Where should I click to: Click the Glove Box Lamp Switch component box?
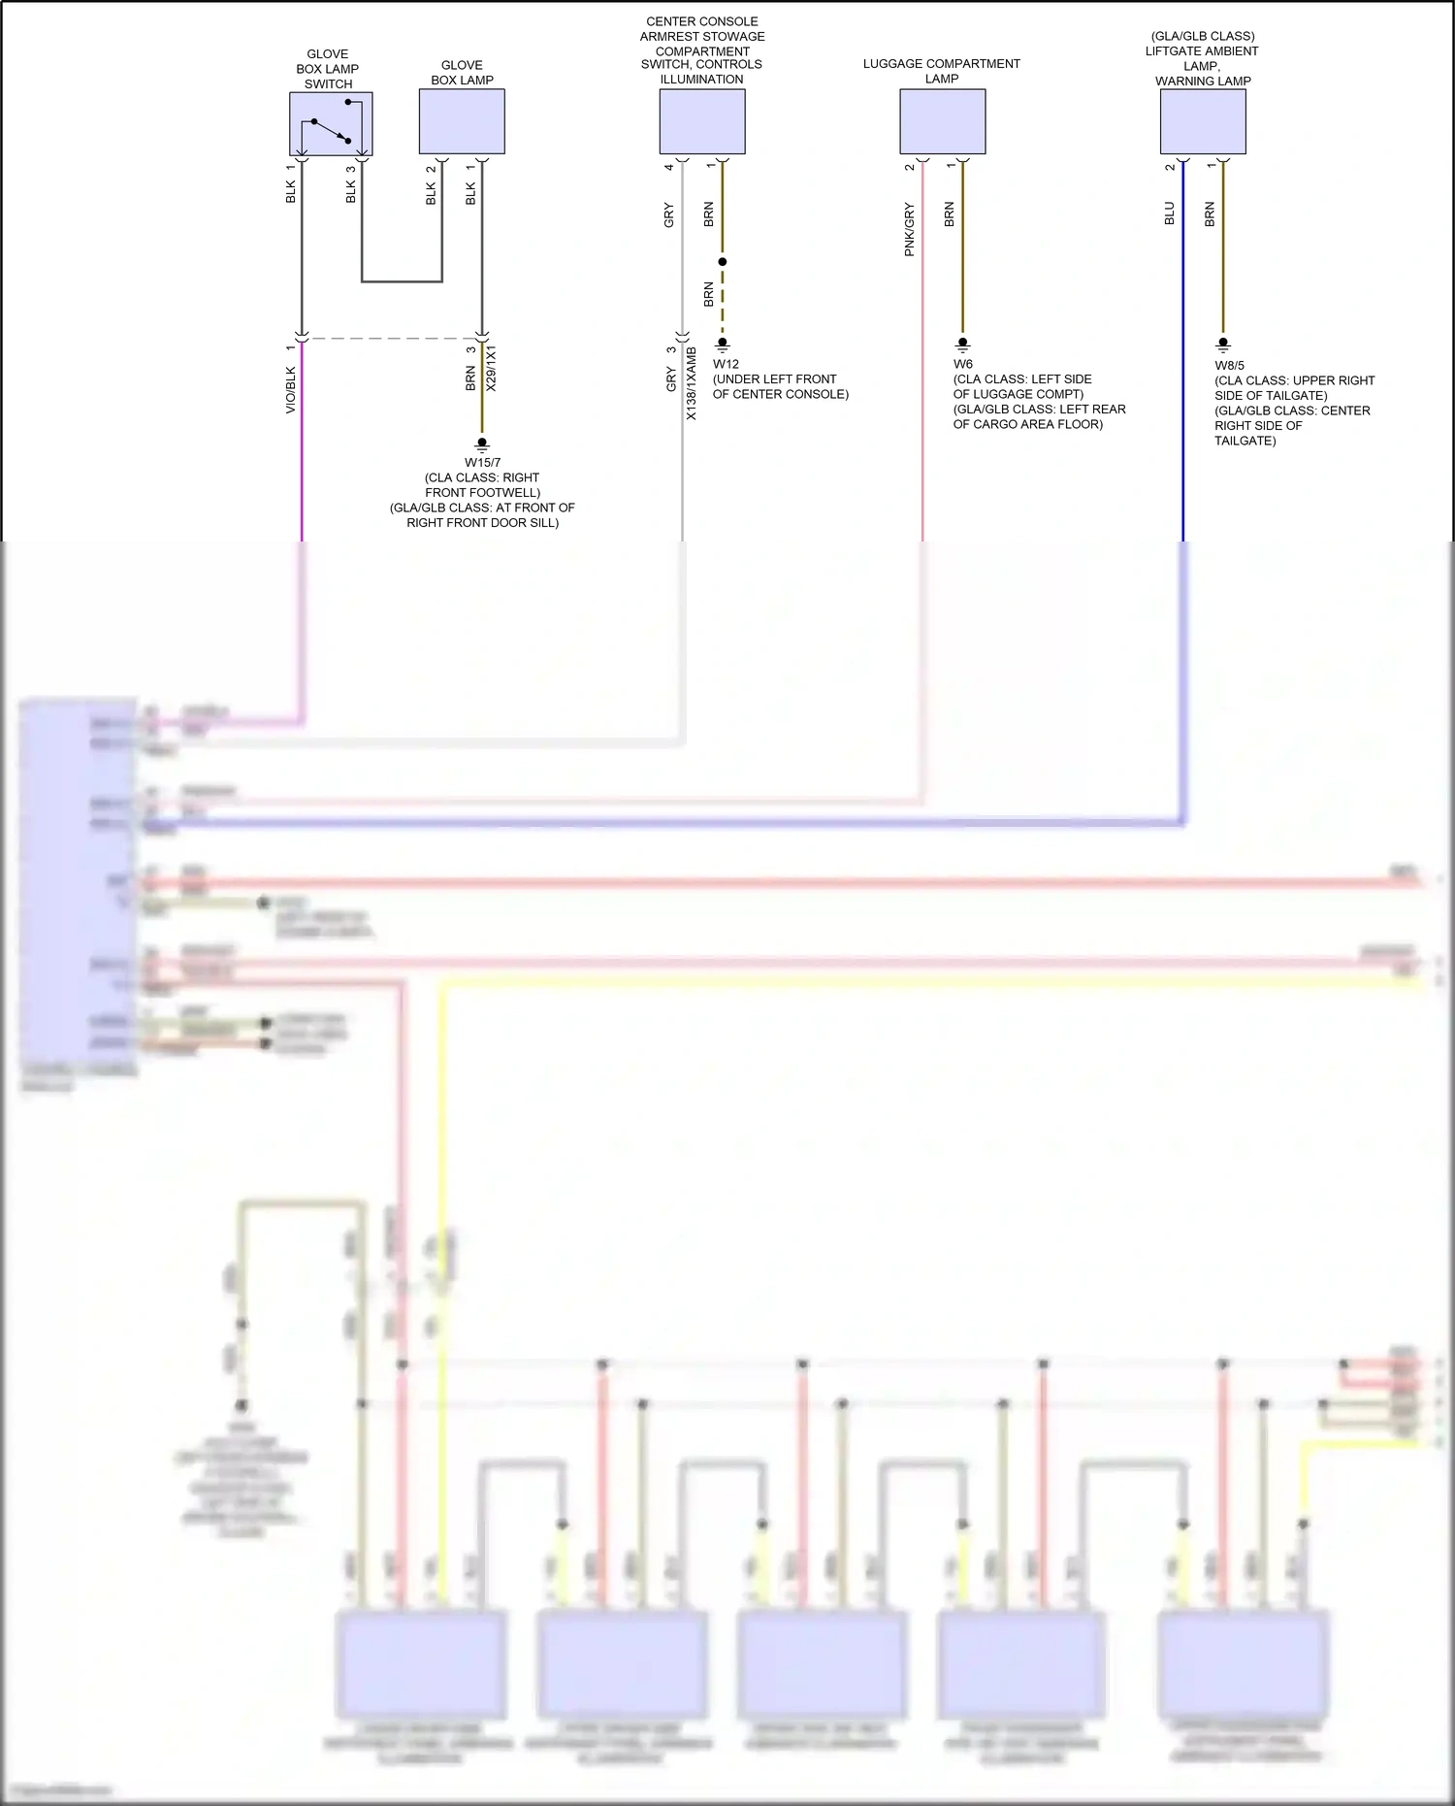(331, 123)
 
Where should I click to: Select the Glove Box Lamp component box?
(462, 121)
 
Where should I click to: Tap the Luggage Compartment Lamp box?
(942, 121)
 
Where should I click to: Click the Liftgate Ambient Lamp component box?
(1203, 121)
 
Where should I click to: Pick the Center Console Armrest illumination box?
(702, 121)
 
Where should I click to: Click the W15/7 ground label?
(482, 463)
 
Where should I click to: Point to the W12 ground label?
(726, 364)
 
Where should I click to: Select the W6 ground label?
(962, 364)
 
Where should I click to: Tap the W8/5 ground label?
(1229, 366)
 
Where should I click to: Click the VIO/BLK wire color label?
(291, 390)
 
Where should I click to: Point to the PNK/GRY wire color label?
(909, 229)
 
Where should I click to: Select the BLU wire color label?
(1170, 213)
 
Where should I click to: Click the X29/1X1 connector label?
(491, 368)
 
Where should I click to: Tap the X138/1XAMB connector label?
(692, 383)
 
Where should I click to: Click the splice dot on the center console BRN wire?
(723, 262)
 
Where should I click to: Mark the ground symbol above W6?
(962, 344)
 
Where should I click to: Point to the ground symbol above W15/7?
(482, 443)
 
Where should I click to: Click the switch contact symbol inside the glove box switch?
(331, 130)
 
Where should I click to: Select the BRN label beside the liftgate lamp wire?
(1210, 214)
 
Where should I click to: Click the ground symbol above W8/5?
(1223, 344)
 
